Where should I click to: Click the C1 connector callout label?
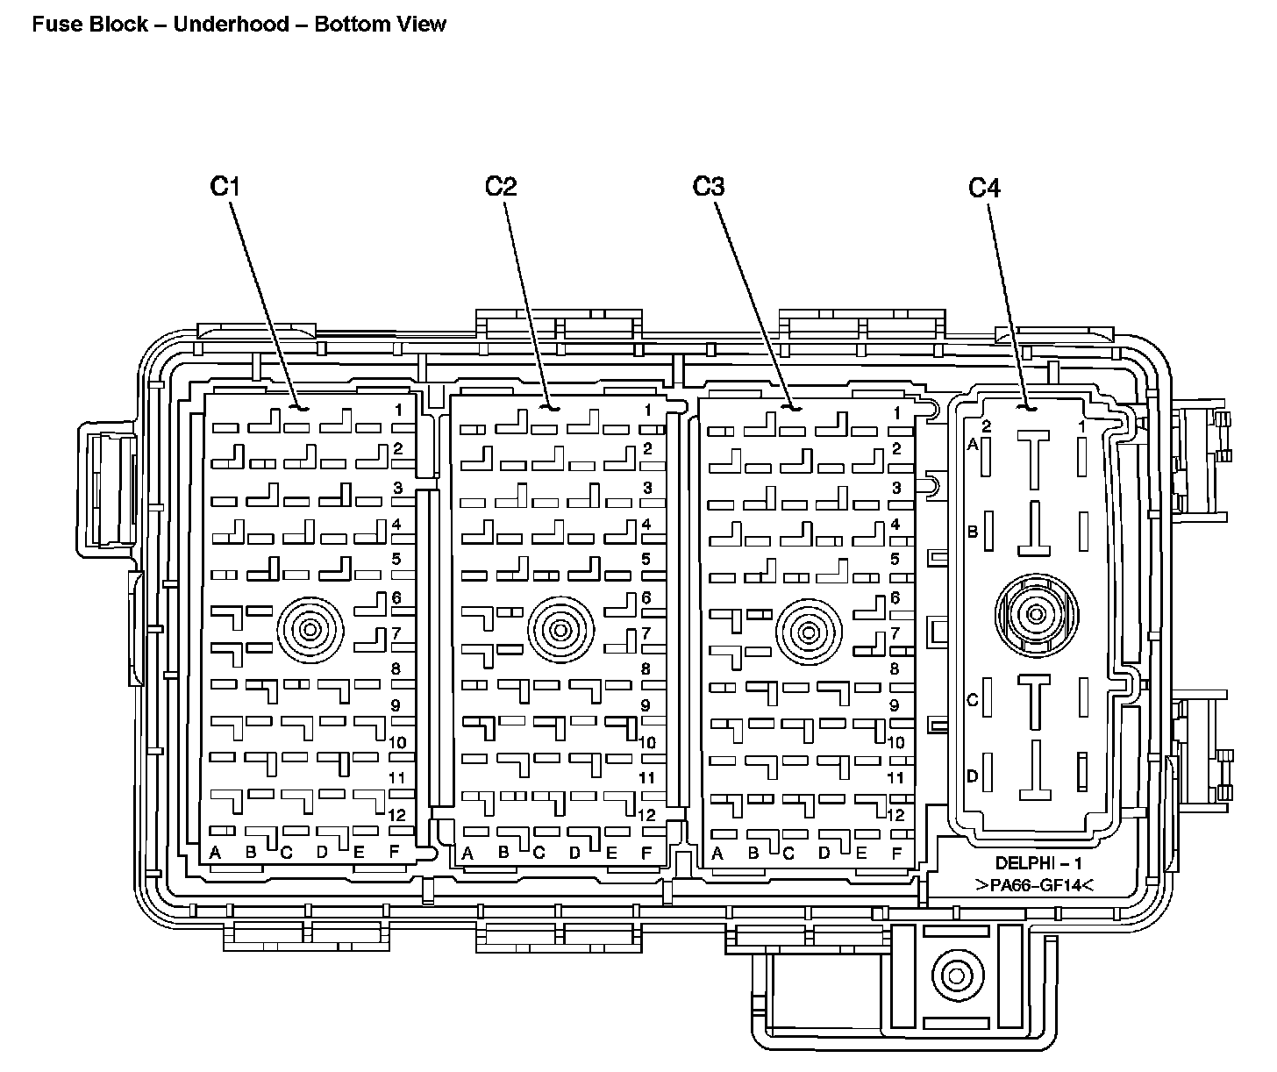pyautogui.click(x=225, y=187)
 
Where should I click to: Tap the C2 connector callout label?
pyautogui.click(x=501, y=187)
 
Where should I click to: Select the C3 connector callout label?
pyautogui.click(x=708, y=187)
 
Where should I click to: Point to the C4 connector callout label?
pyautogui.click(x=985, y=189)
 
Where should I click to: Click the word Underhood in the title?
pyautogui.click(x=232, y=25)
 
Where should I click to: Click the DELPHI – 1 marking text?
pyautogui.click(x=1038, y=863)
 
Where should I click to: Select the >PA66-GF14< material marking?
pyautogui.click(x=1034, y=885)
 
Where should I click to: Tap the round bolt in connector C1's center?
pyautogui.click(x=310, y=630)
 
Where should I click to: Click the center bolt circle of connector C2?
pyautogui.click(x=560, y=630)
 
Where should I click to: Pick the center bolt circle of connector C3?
pyautogui.click(x=809, y=632)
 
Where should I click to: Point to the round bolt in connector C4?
pyautogui.click(x=1036, y=614)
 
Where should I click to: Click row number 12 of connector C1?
pyautogui.click(x=397, y=815)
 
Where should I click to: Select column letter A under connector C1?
pyautogui.click(x=215, y=853)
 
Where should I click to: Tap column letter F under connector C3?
pyautogui.click(x=896, y=854)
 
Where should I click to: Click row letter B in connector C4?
pyautogui.click(x=973, y=532)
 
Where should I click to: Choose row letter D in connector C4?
pyautogui.click(x=973, y=776)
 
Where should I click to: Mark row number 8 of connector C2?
pyautogui.click(x=646, y=668)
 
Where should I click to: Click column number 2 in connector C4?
pyautogui.click(x=986, y=426)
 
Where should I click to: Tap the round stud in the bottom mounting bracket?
pyautogui.click(x=957, y=976)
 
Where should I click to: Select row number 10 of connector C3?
pyautogui.click(x=895, y=742)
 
